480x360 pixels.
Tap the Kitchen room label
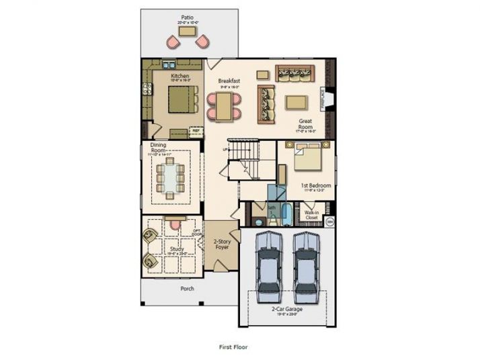click(x=179, y=77)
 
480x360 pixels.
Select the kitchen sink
click(x=168, y=65)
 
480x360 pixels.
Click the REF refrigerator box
click(x=196, y=131)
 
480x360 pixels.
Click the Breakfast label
click(x=229, y=81)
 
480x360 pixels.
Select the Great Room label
click(x=306, y=124)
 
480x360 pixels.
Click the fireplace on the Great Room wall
click(x=329, y=99)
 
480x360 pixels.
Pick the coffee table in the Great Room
click(x=296, y=102)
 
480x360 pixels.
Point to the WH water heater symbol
click(x=330, y=220)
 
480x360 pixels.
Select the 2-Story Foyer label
click(x=221, y=244)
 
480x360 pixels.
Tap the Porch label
click(x=187, y=289)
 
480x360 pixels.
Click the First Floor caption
click(x=234, y=347)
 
